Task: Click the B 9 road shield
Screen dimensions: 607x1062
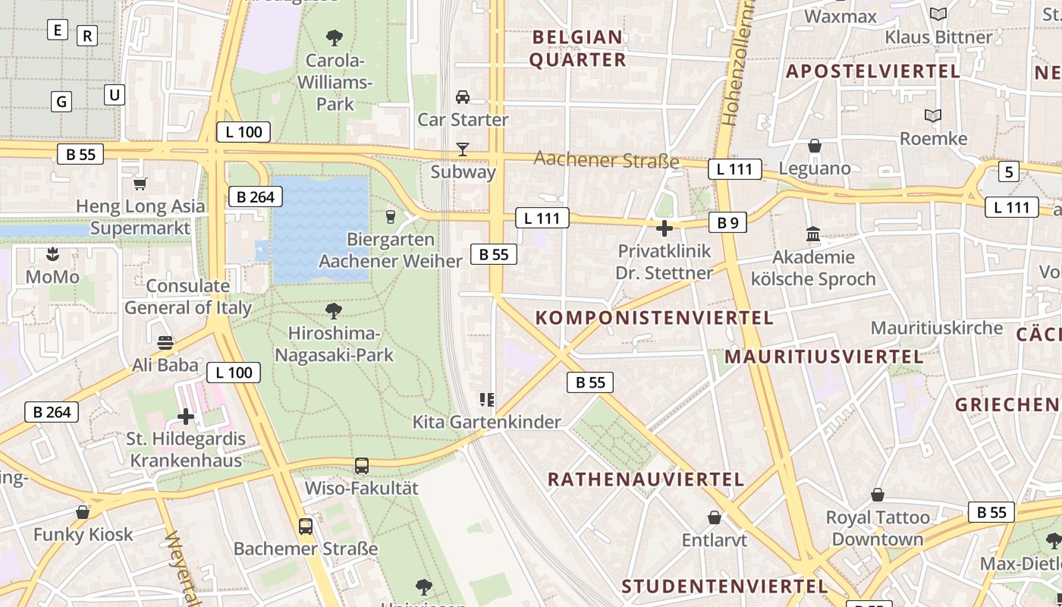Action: (727, 222)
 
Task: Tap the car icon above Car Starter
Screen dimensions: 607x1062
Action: (463, 97)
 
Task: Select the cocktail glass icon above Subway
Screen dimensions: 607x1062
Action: (463, 149)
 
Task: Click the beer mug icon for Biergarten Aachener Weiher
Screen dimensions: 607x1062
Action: (391, 217)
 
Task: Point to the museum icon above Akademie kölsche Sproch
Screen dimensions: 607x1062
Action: (814, 234)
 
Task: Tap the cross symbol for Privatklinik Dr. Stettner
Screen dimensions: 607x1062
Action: (665, 228)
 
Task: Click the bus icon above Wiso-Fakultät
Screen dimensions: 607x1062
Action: (362, 466)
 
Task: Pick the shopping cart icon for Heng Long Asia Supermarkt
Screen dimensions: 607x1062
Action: (140, 184)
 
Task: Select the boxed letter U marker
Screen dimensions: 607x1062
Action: (114, 95)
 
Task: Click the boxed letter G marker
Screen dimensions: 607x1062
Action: (61, 101)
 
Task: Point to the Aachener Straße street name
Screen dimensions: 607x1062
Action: (606, 159)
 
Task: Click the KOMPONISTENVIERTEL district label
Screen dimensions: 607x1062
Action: (655, 318)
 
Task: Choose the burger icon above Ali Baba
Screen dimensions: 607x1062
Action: (165, 343)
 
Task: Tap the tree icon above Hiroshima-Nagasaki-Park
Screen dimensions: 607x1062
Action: (333, 311)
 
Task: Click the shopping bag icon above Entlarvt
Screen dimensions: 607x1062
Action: (714, 518)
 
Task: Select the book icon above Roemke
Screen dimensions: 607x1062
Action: (933, 116)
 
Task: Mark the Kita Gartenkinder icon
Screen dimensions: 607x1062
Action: (487, 400)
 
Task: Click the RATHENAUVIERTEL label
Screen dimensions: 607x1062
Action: (646, 480)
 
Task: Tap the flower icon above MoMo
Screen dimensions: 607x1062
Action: (52, 254)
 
